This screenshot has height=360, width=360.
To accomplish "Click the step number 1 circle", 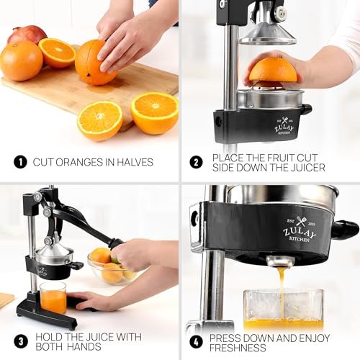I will coord(20,161).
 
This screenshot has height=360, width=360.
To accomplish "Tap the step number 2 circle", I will coord(196,161).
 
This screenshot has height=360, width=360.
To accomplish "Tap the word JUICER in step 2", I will coord(305,168).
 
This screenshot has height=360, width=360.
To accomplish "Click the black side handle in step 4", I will coord(344,230).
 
